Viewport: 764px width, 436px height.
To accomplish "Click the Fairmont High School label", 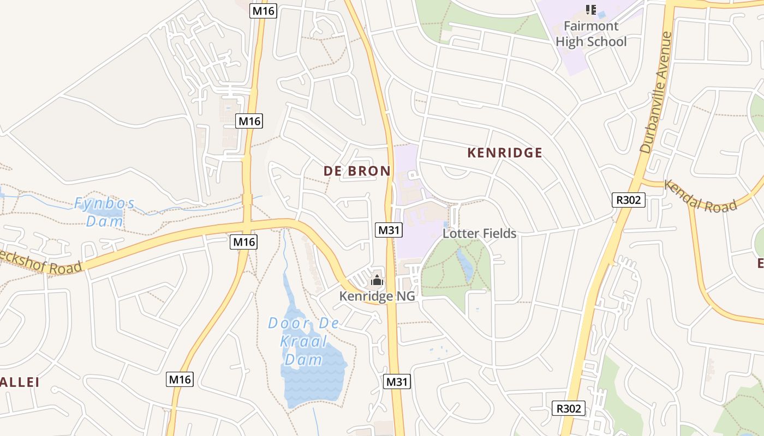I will (x=591, y=34).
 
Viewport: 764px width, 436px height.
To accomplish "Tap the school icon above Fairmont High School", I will (x=590, y=9).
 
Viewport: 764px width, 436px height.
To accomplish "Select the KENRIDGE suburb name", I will (x=505, y=153).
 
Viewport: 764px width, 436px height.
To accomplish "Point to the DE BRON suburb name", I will (x=357, y=171).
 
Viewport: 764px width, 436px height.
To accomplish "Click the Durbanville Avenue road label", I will (x=656, y=93).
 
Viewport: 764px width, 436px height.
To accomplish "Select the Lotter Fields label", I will (x=479, y=233).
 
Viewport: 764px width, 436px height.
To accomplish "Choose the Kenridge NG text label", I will (x=377, y=296).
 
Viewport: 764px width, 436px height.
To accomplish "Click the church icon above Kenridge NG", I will (x=377, y=281).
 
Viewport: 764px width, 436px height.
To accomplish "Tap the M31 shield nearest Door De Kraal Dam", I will (x=397, y=381).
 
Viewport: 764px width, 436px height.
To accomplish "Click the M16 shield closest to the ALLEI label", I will (x=180, y=379).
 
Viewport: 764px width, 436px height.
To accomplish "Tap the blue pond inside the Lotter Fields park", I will (x=465, y=264).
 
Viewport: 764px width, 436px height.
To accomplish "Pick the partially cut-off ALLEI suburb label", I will (x=20, y=382).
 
